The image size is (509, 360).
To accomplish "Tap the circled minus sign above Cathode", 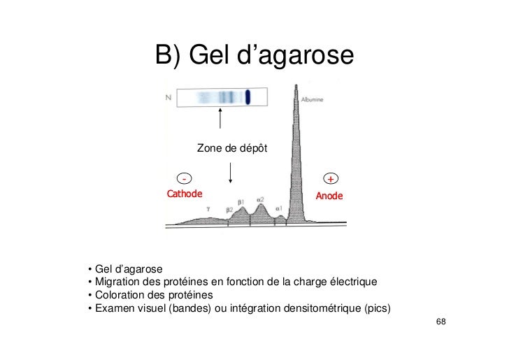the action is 185,178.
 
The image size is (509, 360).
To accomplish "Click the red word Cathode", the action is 184,194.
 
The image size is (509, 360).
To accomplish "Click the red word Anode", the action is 329,196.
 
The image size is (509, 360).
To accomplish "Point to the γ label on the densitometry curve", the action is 208,208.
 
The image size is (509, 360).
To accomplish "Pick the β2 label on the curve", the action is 229,210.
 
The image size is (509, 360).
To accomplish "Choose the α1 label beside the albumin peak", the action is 279,208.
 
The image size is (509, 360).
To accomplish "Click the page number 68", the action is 440,322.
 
